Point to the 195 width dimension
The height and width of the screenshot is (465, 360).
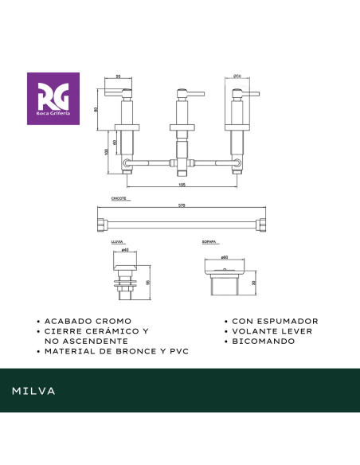[182, 183]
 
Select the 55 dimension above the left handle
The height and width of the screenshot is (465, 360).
[118, 76]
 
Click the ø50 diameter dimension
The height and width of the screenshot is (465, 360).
[237, 76]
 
